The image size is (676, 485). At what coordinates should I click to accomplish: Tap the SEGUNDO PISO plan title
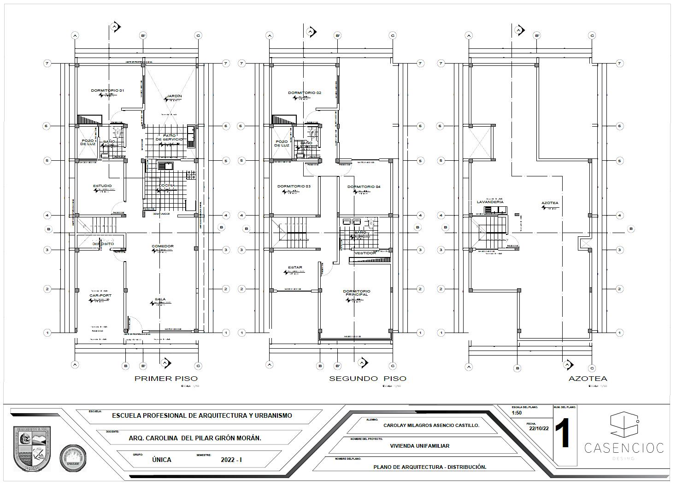pos(367,379)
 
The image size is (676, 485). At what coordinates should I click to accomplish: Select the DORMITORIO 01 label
pos(107,91)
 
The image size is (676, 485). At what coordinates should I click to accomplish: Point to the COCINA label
pos(167,186)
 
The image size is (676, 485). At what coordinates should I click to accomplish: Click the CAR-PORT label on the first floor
pos(100,296)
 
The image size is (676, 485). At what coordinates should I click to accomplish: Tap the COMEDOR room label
pos(163,246)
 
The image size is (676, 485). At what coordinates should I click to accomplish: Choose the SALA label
pos(160,299)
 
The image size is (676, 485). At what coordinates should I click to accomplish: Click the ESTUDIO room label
pos(102,186)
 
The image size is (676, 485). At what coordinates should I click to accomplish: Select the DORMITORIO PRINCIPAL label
pos(356,293)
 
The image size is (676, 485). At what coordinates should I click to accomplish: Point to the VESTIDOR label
pos(365,253)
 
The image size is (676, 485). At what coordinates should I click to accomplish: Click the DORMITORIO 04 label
pos(364,187)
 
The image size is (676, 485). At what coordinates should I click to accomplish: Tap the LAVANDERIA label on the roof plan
pos(490,202)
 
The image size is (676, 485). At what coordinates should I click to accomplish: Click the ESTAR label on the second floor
pos(295,268)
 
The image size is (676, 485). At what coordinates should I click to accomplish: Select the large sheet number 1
pos(563,434)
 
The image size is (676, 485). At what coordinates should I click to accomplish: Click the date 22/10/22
pos(539,428)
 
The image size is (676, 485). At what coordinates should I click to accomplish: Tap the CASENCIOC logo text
pos(624,447)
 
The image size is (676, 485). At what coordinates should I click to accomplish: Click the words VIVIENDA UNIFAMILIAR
pos(419,446)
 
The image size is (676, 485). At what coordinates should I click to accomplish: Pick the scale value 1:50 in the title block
pos(517,413)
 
